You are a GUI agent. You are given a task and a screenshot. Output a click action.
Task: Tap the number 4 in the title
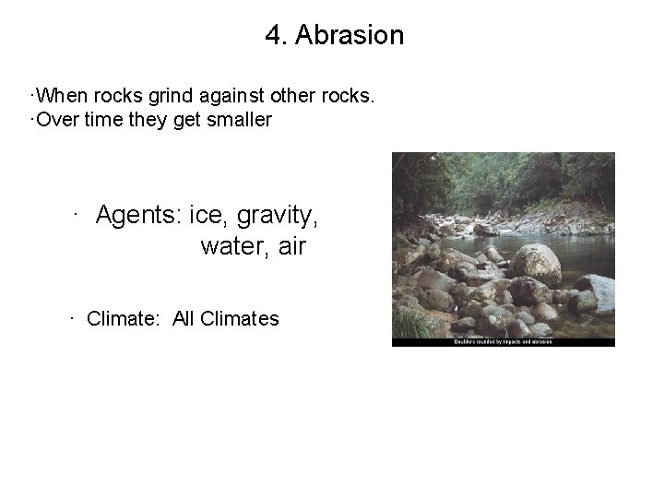(x=273, y=36)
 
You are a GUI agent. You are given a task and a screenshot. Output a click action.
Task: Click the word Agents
(x=139, y=216)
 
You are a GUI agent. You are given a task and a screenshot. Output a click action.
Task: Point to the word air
(x=290, y=247)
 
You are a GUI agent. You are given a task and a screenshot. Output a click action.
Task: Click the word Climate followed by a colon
(x=125, y=319)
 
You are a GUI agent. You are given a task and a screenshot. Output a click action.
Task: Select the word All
(x=184, y=319)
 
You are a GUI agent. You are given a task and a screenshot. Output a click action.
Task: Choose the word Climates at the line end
(x=239, y=319)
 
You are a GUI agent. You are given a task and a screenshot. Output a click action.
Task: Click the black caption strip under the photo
(x=504, y=341)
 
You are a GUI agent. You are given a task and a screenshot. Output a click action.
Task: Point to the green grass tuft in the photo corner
(x=410, y=323)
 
